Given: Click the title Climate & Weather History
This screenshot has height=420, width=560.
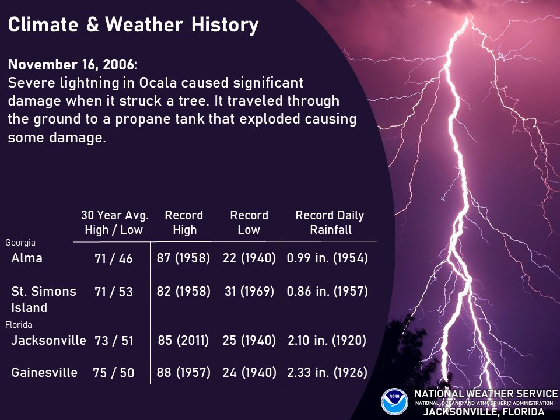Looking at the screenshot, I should click(133, 25).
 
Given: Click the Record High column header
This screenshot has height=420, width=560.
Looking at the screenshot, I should click(184, 222).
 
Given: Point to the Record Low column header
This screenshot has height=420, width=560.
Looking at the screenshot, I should click(249, 222).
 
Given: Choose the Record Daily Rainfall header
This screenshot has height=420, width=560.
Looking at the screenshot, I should click(330, 222).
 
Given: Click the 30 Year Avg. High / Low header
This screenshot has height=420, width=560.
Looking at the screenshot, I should click(114, 222).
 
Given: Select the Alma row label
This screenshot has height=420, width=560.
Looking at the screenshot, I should click(27, 258).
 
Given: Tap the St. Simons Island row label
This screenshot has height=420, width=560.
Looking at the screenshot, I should click(44, 299).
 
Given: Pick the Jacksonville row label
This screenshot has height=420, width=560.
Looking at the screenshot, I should click(49, 340).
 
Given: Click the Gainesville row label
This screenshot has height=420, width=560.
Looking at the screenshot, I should click(44, 372).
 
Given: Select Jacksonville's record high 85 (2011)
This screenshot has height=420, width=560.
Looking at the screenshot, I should click(183, 340).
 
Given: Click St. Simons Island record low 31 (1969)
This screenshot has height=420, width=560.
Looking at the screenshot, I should click(249, 291).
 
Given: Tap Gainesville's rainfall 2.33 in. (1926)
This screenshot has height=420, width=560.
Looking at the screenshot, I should click(327, 372).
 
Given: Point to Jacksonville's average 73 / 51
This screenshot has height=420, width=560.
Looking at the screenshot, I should click(114, 341).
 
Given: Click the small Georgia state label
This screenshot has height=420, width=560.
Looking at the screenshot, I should click(20, 242).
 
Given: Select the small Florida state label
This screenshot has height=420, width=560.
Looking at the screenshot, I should click(19, 324).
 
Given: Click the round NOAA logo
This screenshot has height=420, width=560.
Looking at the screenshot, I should click(394, 402).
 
